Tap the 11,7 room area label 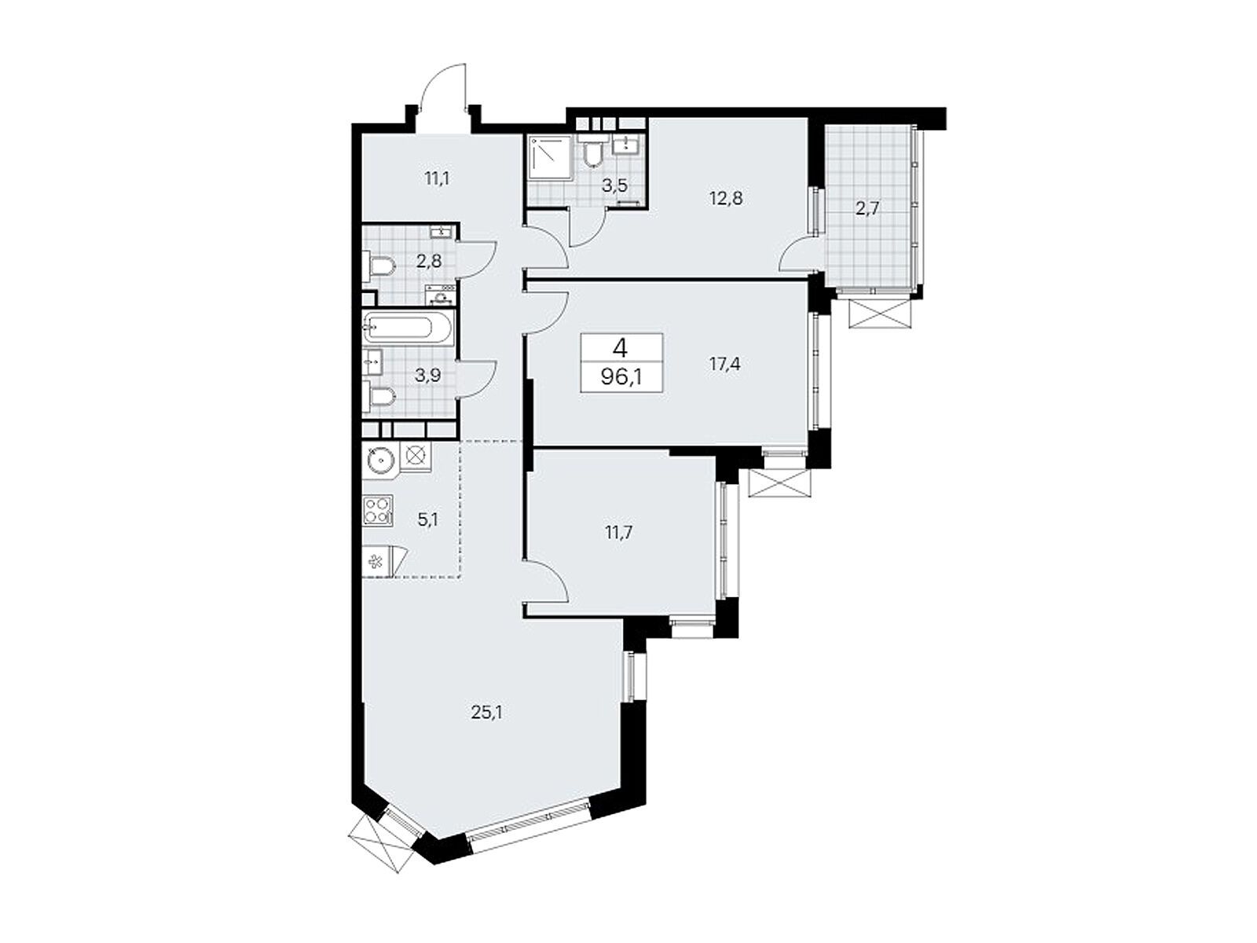(618, 532)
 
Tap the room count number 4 (621, 348)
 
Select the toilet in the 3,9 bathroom (379, 396)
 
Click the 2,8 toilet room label (428, 261)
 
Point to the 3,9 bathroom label (428, 375)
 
